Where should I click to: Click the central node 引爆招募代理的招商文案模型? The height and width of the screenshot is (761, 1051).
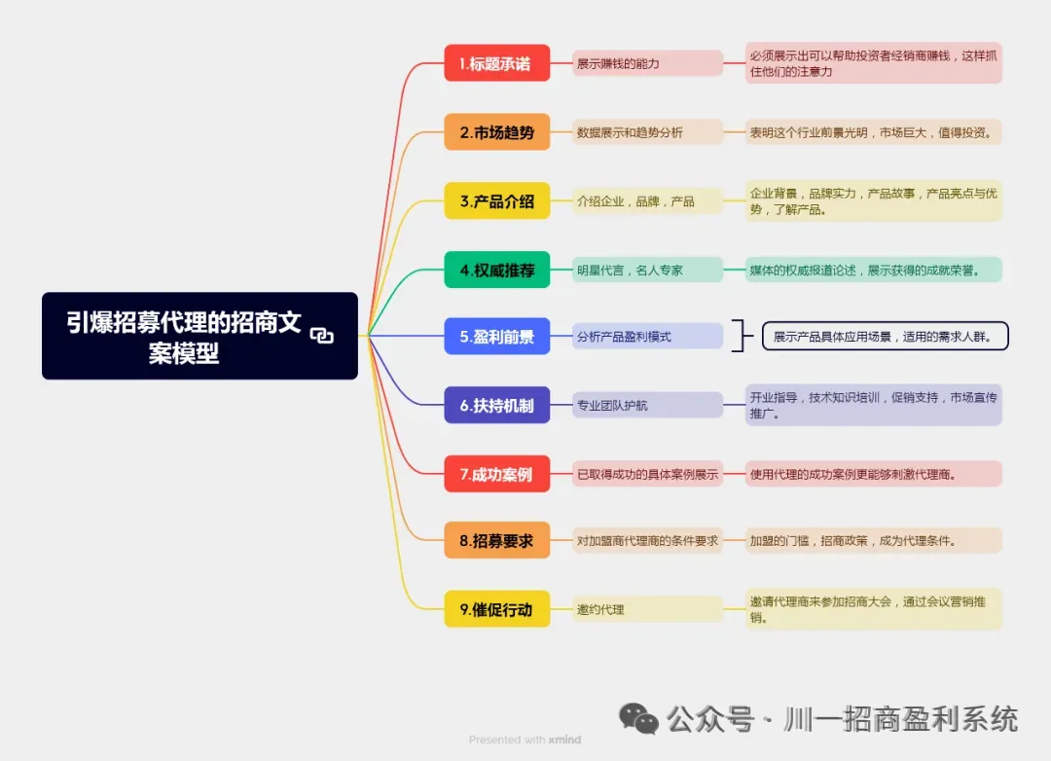click(185, 336)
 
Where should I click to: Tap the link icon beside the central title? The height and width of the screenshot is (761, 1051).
click(321, 336)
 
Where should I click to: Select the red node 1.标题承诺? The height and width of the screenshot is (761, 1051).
click(496, 64)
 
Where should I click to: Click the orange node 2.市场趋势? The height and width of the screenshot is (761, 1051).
click(496, 132)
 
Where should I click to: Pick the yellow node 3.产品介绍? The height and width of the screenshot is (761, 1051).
click(496, 201)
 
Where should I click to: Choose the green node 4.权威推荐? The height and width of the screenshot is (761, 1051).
click(496, 270)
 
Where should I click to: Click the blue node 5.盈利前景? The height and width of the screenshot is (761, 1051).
click(496, 337)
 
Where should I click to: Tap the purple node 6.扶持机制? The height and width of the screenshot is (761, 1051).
click(496, 405)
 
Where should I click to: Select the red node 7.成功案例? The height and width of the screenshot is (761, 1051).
click(496, 474)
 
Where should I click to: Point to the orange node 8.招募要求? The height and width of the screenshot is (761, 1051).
click(496, 541)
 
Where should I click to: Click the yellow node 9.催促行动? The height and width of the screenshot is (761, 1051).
click(496, 609)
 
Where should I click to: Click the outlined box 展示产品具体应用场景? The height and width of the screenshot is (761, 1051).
click(884, 337)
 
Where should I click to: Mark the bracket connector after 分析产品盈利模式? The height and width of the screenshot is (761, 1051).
click(743, 337)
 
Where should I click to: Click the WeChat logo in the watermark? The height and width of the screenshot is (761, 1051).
click(639, 719)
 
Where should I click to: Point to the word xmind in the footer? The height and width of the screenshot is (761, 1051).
click(564, 740)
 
